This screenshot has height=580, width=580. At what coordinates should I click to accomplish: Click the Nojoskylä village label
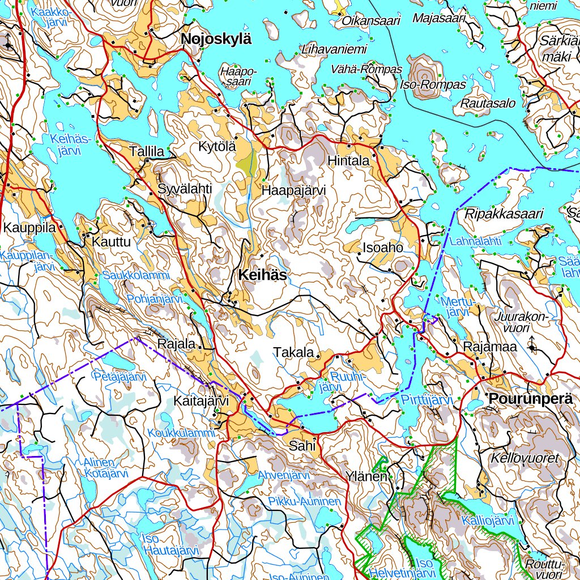216,39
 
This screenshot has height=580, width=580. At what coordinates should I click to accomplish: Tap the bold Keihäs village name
262,275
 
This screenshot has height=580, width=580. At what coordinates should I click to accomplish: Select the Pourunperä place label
530,398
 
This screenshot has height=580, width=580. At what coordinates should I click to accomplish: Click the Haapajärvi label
293,191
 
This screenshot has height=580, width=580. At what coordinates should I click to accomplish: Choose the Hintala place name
348,161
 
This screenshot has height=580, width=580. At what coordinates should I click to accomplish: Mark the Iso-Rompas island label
433,85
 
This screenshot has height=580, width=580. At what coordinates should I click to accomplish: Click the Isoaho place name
383,248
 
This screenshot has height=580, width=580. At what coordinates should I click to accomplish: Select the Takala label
293,352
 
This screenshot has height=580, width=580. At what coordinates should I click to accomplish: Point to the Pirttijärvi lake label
428,400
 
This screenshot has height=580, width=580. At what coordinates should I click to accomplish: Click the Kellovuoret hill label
526,458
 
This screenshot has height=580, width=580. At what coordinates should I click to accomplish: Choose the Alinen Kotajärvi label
105,468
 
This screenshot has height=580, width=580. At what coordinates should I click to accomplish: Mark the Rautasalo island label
488,104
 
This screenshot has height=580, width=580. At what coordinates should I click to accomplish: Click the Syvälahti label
185,189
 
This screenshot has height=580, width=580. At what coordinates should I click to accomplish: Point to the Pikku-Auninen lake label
305,502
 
